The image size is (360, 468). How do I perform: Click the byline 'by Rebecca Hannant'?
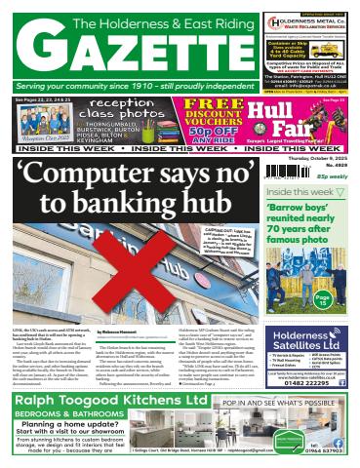click(x=119, y=331)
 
